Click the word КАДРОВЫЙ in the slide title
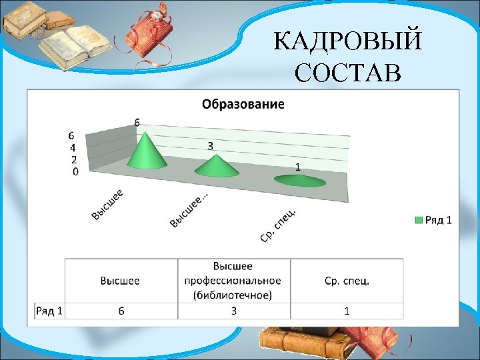pyautogui.click(x=347, y=43)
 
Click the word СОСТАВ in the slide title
pyautogui.click(x=347, y=73)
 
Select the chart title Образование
pyautogui.click(x=243, y=104)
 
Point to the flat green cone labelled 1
pyautogui.click(x=300, y=180)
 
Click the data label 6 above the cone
pyautogui.click(x=137, y=122)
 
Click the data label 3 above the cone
pyautogui.click(x=210, y=145)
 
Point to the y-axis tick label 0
pyautogui.click(x=75, y=171)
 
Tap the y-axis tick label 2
pyautogui.click(x=73, y=159)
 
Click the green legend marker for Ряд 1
pyautogui.click(x=419, y=220)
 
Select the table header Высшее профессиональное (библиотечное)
pyautogui.click(x=233, y=280)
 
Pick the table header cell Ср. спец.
pyautogui.click(x=347, y=281)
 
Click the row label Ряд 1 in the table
pyautogui.click(x=49, y=311)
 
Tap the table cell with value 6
pyautogui.click(x=121, y=311)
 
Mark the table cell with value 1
pyautogui.click(x=347, y=311)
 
